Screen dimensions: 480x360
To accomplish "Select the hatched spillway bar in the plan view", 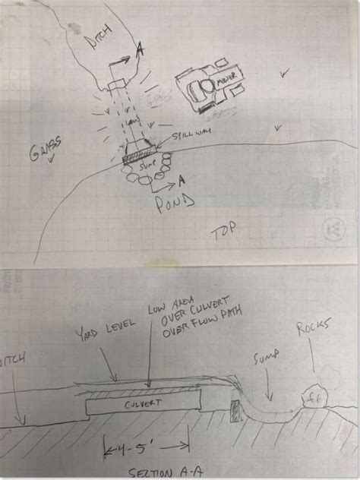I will [x=138, y=156].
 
